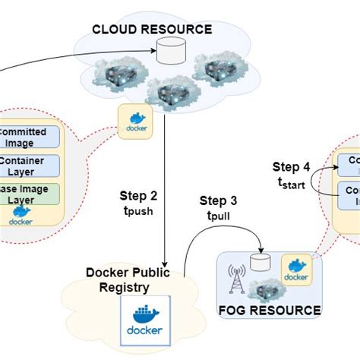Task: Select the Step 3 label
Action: [x=217, y=201]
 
